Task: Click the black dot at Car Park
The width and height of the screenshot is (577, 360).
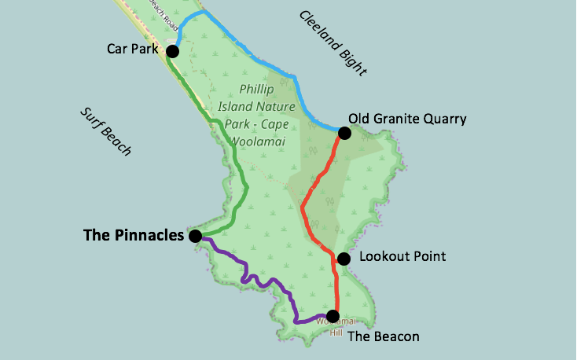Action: pyautogui.click(x=172, y=51)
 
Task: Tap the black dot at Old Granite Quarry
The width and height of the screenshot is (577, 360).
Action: pyautogui.click(x=344, y=134)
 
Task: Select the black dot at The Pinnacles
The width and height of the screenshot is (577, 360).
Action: pyautogui.click(x=195, y=236)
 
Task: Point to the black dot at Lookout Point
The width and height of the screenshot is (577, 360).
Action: pyautogui.click(x=344, y=259)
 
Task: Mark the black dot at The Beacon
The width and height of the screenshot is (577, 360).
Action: pyautogui.click(x=333, y=317)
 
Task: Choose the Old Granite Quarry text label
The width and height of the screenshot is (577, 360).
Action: pyautogui.click(x=407, y=119)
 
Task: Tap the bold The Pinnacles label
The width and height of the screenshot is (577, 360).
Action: pyautogui.click(x=133, y=235)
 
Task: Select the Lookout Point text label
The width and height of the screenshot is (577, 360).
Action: pyautogui.click(x=402, y=257)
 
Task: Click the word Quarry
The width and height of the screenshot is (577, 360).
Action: pyautogui.click(x=447, y=119)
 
